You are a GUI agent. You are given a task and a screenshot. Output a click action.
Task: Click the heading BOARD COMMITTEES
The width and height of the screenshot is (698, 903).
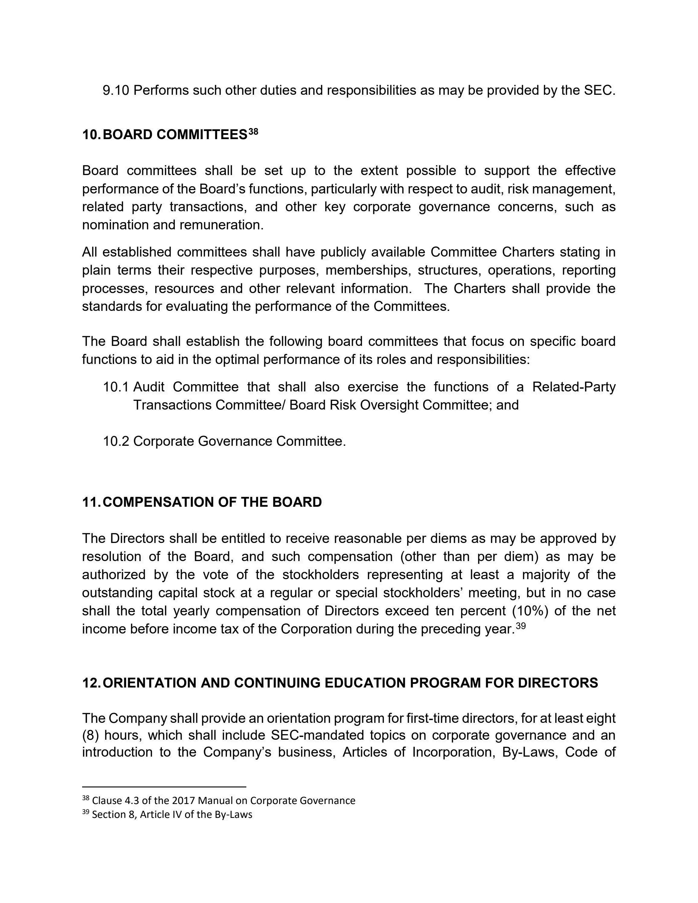point(174,135)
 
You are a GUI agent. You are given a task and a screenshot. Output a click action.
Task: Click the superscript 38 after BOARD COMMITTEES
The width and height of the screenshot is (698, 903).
point(253,132)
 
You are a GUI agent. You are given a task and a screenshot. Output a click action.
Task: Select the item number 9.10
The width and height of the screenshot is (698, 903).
point(116,90)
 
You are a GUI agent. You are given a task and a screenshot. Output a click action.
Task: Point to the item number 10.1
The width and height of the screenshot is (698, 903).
point(116,387)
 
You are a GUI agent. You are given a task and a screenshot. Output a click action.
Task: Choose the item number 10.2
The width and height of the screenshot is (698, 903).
point(116,441)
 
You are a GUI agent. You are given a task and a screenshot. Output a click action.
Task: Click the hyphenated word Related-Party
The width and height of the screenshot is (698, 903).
point(574,387)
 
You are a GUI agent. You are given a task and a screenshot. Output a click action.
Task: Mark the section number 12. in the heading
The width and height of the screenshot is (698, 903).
point(91,683)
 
